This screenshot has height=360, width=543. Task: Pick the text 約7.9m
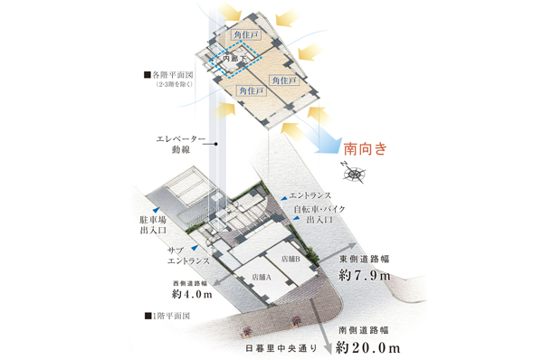[364, 275]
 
